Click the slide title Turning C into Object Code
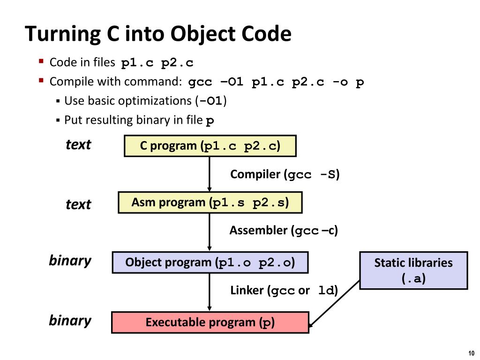point(158,34)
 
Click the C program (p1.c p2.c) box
point(210,146)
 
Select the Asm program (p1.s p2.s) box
point(210,202)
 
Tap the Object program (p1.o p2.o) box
point(210,262)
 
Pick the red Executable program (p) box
point(210,322)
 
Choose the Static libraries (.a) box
point(413,270)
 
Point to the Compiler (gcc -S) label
point(285,175)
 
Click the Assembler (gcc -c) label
point(283,231)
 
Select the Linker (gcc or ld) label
point(284,291)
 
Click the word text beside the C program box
point(78,145)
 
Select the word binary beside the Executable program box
point(70,321)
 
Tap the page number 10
point(471,353)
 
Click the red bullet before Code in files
point(41,61)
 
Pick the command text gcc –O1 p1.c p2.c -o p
point(276,82)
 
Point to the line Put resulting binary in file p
point(139,120)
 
